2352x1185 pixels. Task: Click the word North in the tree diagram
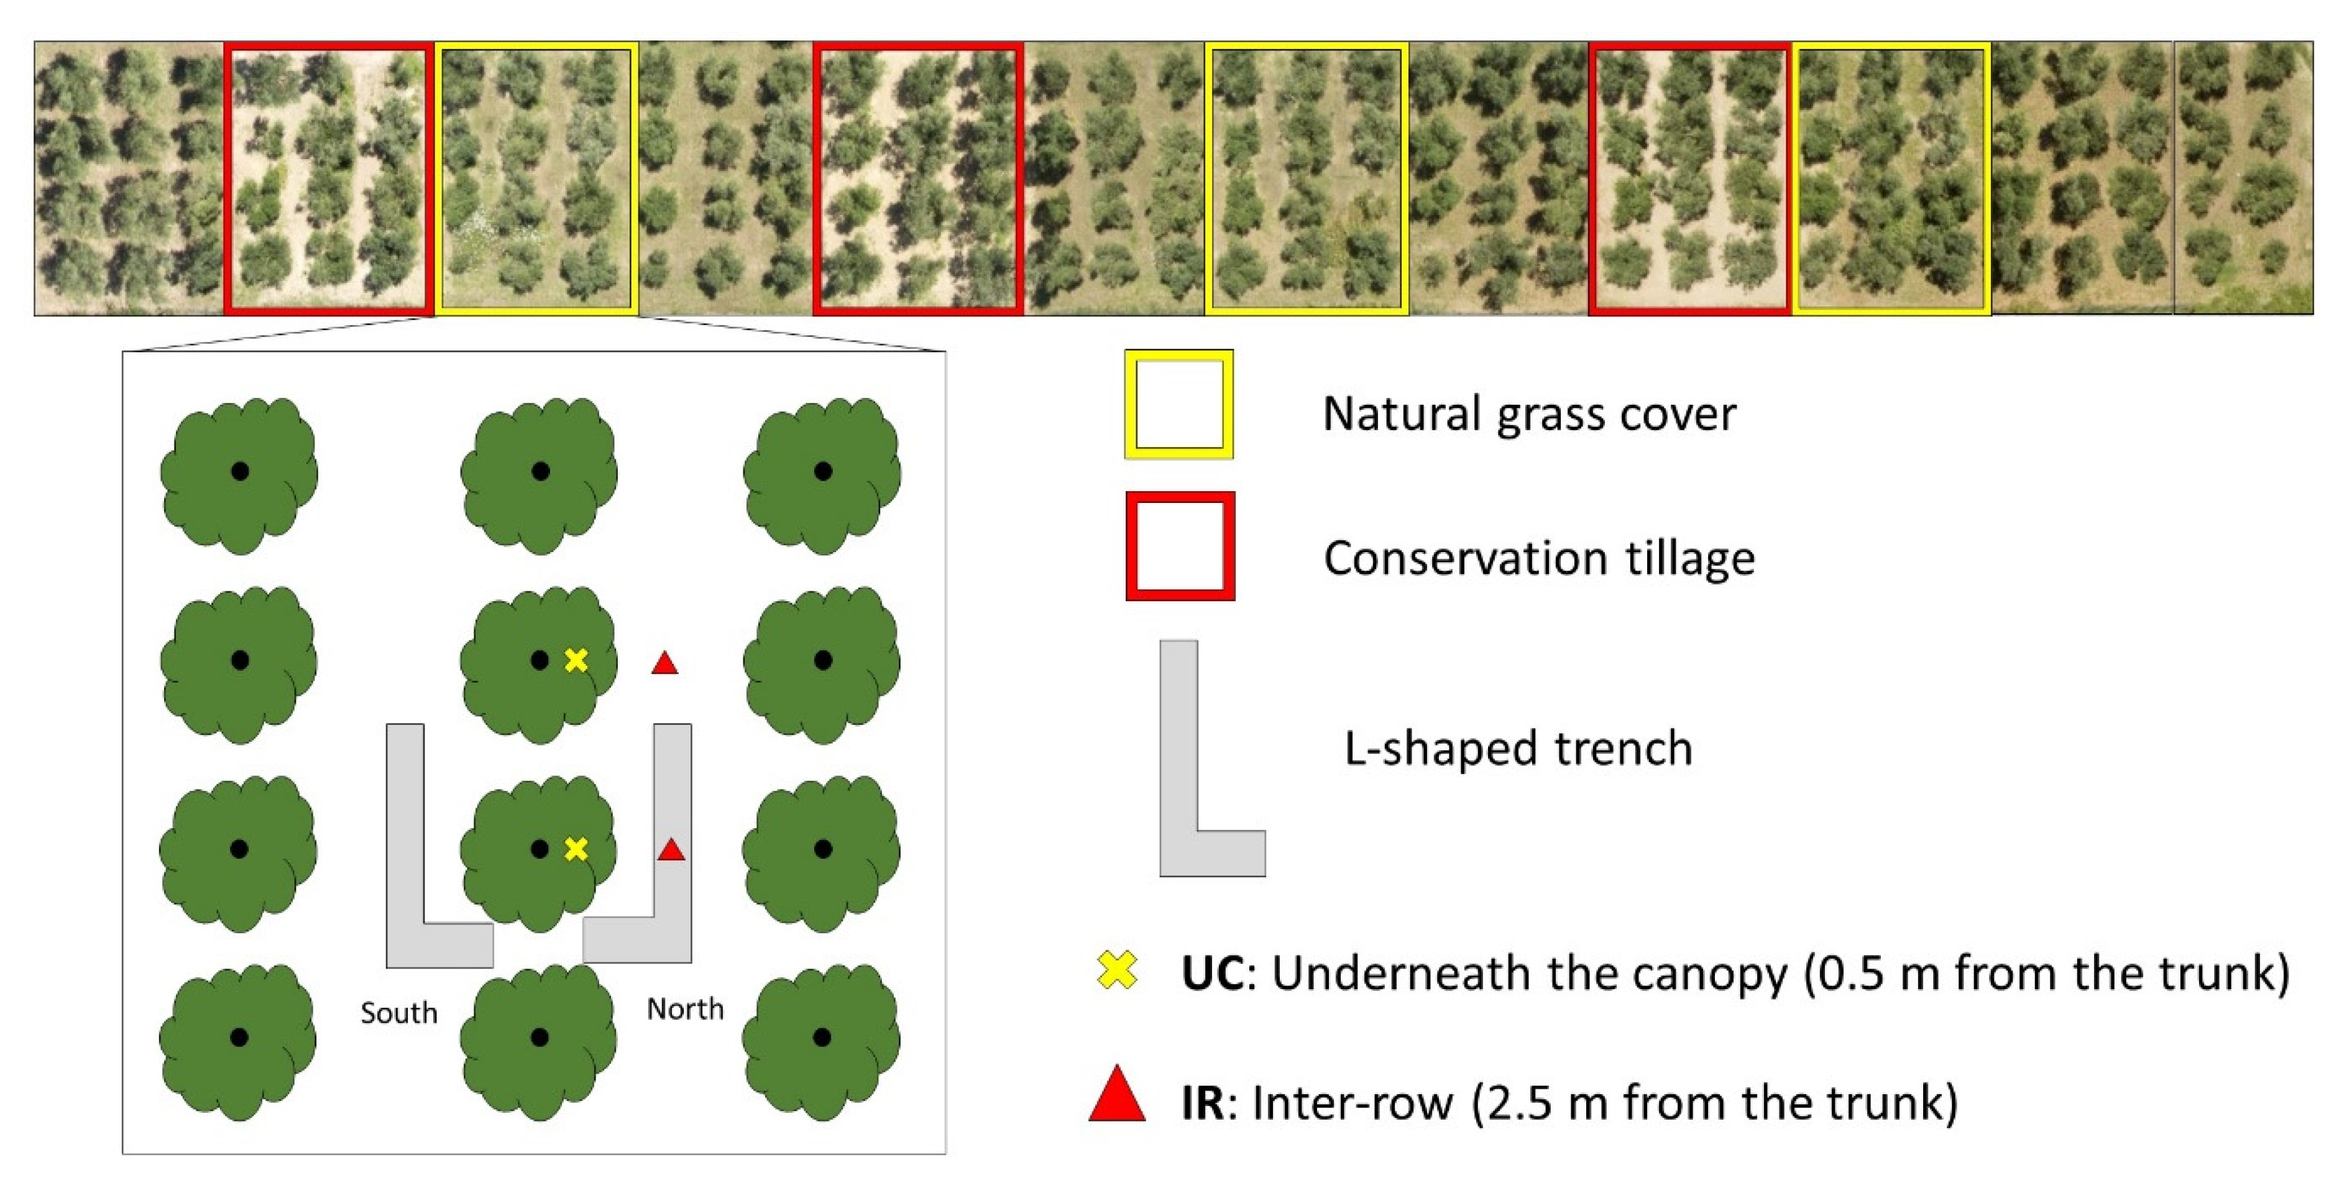(685, 1009)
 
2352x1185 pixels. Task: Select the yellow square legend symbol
(1178, 405)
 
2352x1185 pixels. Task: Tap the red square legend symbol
(1180, 546)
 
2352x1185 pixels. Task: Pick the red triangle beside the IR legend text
(1117, 1095)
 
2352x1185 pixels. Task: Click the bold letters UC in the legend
(1211, 973)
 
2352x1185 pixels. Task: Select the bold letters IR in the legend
(1201, 1103)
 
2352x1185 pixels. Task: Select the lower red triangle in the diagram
(671, 851)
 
